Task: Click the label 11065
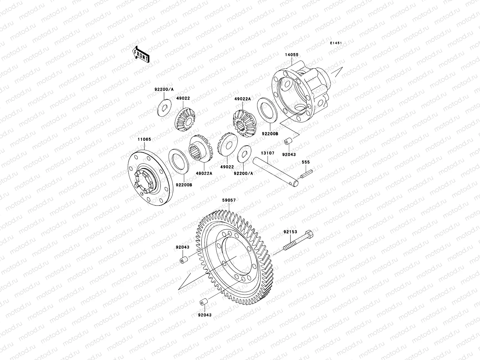pyautogui.click(x=144, y=139)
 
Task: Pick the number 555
pyautogui.click(x=306, y=162)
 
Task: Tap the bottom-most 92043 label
pyautogui.click(x=205, y=315)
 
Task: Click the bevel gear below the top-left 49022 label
pyautogui.click(x=185, y=121)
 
